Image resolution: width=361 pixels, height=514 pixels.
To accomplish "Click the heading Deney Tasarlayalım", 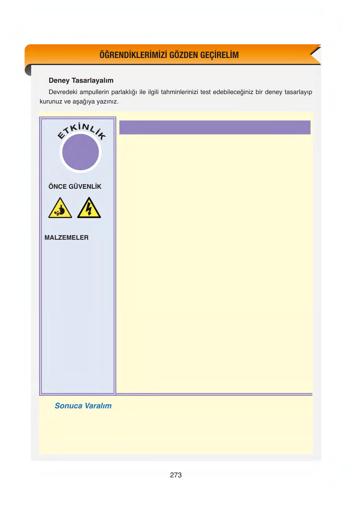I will pos(81,81).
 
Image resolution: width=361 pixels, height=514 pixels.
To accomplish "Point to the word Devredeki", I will pos(63,92).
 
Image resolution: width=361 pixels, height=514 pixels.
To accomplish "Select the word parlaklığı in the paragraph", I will pos(124,92).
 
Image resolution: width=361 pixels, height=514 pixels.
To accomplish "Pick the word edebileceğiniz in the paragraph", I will pos(233,92).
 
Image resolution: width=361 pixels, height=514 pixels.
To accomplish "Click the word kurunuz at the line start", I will pos(51,102).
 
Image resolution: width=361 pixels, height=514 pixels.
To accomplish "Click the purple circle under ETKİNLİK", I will pos(81,152).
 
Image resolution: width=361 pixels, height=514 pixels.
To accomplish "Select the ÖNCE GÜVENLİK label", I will pos(75,187).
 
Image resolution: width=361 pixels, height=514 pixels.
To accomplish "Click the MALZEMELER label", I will pos(67,238).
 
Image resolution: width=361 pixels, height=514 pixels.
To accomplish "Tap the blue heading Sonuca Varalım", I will pos(83,406).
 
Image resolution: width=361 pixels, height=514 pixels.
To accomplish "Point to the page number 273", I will pos(176,475).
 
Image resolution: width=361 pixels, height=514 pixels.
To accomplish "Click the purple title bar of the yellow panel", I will pos(215,127).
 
